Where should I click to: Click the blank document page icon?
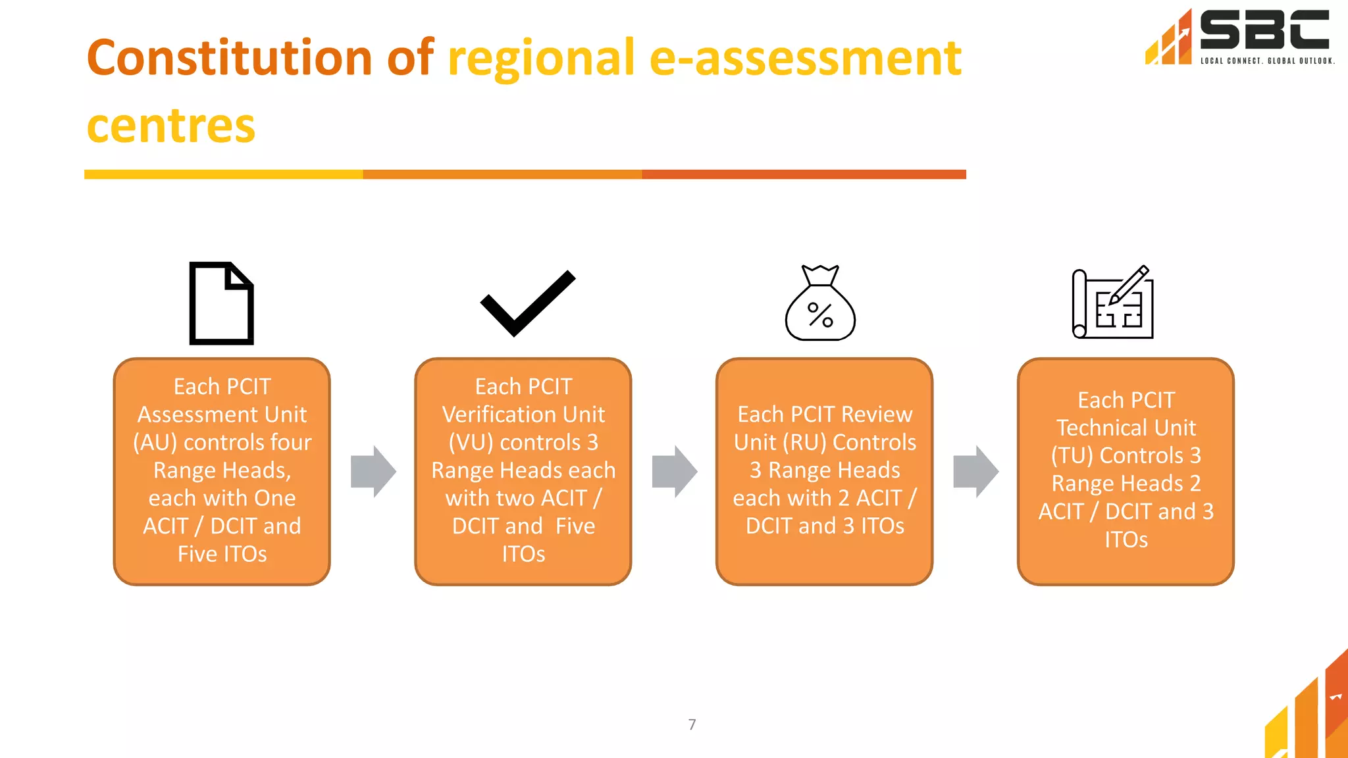221,303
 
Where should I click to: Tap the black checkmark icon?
527,303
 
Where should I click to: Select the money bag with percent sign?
820,305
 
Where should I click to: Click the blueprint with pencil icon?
1112,303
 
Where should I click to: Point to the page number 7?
692,724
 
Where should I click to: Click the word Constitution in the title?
228,58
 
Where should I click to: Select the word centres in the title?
171,126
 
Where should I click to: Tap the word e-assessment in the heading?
805,58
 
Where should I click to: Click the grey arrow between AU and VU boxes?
373,471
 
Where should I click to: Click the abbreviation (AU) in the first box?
155,442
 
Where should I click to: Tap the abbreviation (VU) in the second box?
470,442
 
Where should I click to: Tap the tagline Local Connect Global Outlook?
1267,61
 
